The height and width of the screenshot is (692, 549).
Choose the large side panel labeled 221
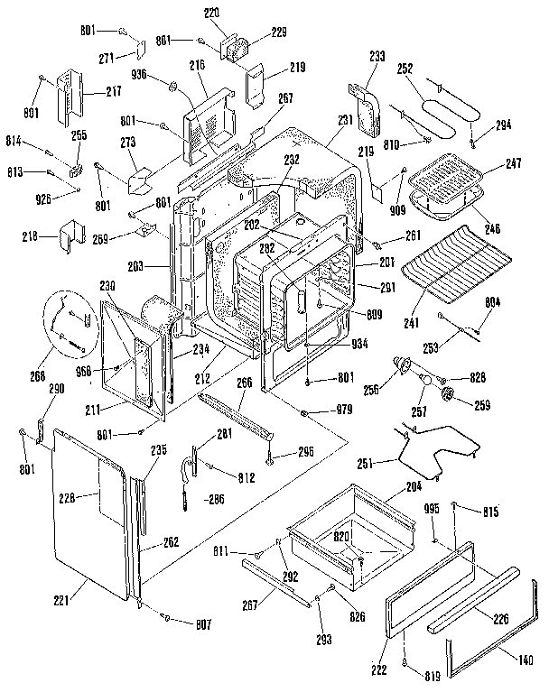tap(86, 514)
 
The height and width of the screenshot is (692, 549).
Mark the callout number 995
tap(432, 509)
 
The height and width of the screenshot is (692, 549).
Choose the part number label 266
tap(245, 383)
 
